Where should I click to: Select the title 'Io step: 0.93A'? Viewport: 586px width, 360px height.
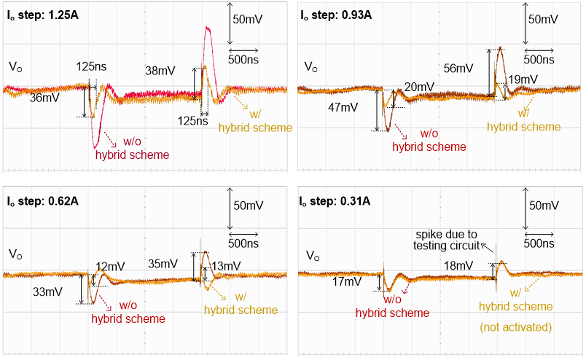(x=338, y=13)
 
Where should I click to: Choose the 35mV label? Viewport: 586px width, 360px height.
(x=163, y=264)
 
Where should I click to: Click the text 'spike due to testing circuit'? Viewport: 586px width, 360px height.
(x=445, y=240)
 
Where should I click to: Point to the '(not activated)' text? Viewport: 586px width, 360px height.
(x=515, y=327)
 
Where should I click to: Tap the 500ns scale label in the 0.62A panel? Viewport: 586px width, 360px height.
(x=245, y=242)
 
